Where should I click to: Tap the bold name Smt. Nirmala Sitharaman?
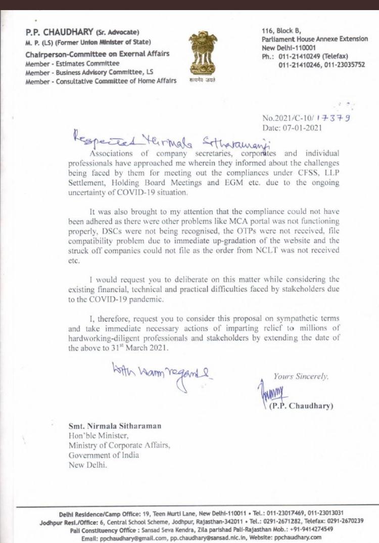[116, 427]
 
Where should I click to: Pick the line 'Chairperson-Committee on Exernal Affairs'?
[97, 54]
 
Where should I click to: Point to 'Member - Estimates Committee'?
[72, 63]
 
